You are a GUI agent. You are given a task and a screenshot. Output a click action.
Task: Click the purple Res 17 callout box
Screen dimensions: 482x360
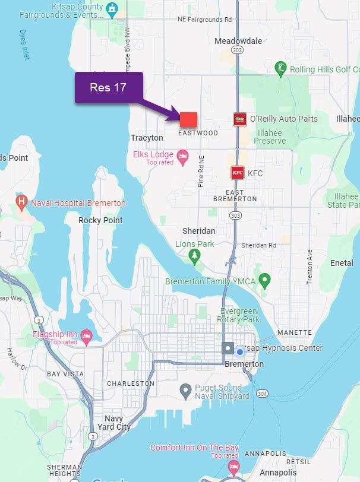click(109, 87)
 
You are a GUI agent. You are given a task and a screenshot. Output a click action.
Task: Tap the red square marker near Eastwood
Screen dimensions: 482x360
click(188, 119)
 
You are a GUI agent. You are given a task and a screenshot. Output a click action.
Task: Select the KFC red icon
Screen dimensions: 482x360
click(238, 173)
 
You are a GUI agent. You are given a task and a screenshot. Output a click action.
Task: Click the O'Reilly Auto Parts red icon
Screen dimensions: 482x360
click(239, 119)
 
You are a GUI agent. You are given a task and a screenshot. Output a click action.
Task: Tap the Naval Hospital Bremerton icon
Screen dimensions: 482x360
click(22, 202)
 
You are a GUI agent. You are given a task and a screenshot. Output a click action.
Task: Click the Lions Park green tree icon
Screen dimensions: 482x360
click(194, 256)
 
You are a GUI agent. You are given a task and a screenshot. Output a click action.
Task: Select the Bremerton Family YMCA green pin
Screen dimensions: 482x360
click(266, 279)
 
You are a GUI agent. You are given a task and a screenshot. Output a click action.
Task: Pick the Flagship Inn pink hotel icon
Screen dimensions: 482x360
click(87, 337)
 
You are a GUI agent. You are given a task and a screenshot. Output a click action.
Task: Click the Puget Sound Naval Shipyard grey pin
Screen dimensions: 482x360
click(185, 391)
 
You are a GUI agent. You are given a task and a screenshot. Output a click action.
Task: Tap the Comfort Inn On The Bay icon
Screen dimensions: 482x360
click(233, 467)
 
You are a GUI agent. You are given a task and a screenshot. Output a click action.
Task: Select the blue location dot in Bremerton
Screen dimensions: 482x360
click(240, 351)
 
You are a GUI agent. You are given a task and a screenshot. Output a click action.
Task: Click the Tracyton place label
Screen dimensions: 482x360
click(147, 138)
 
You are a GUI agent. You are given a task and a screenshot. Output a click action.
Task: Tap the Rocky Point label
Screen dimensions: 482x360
click(100, 220)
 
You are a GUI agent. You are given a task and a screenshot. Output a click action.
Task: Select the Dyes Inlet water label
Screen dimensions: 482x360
click(24, 45)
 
